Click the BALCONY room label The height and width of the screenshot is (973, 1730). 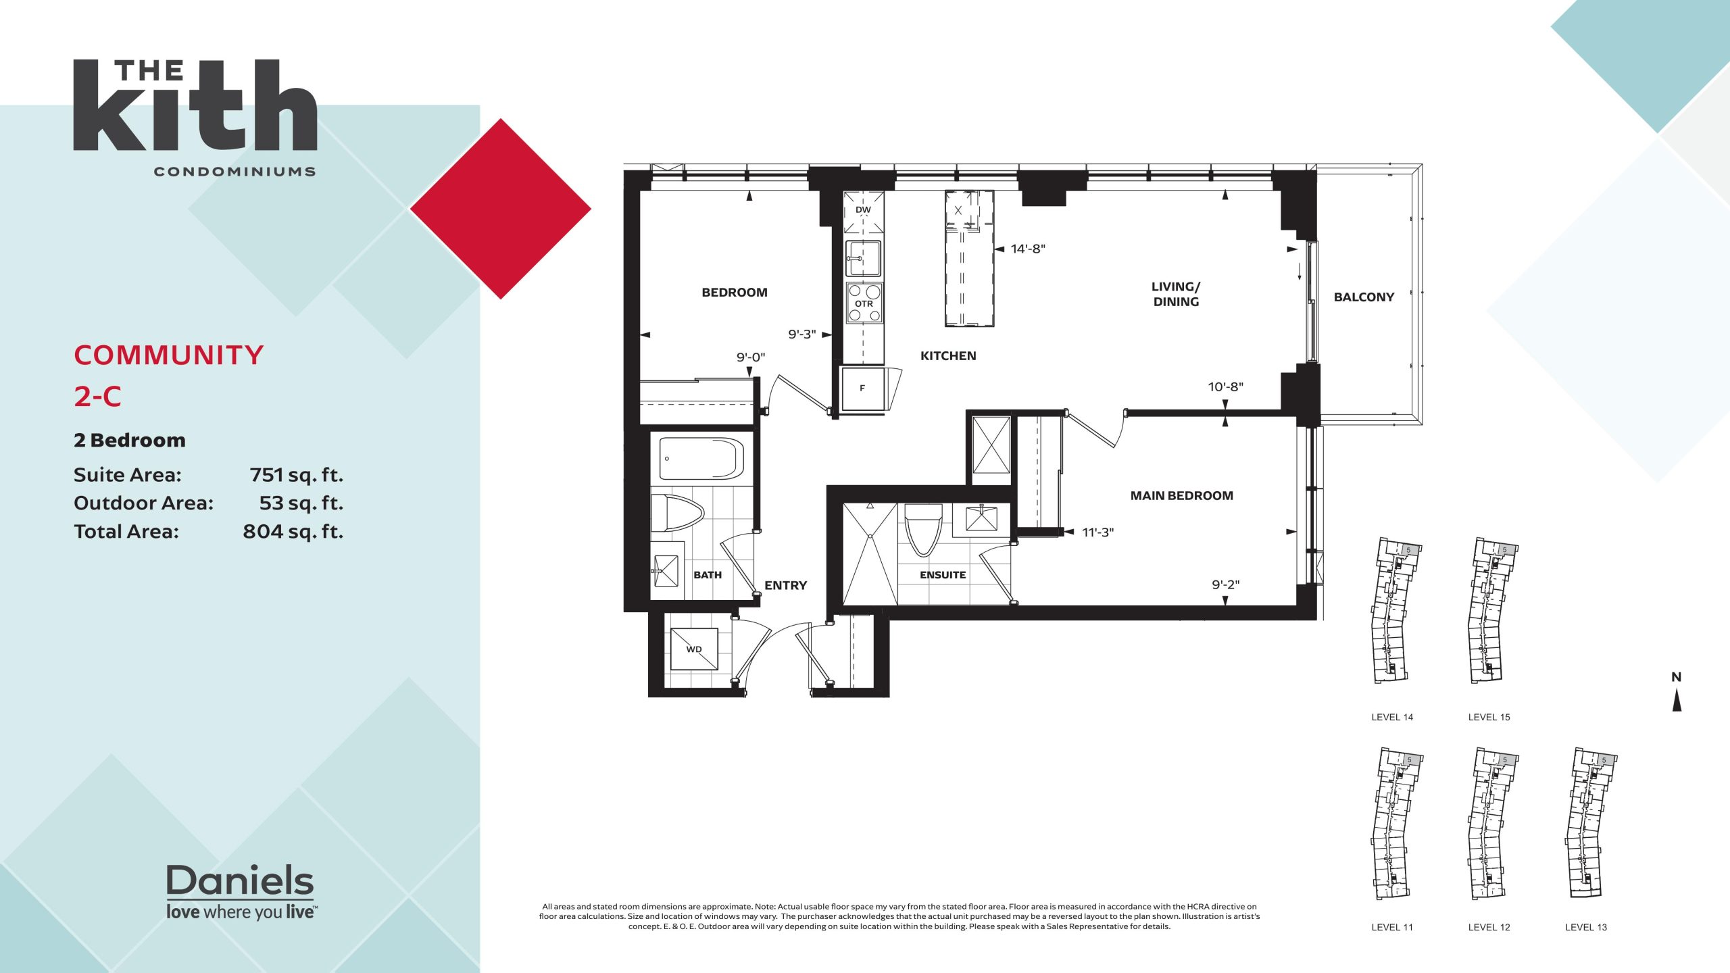click(x=1364, y=297)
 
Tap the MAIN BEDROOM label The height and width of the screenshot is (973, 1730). click(x=1181, y=496)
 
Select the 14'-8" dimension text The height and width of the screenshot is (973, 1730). click(x=1028, y=249)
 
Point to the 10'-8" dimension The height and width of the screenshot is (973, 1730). click(x=1226, y=386)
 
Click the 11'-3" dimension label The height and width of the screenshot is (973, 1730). click(x=1097, y=532)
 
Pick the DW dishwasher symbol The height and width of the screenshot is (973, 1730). click(x=864, y=212)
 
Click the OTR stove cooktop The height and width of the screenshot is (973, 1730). click(x=864, y=303)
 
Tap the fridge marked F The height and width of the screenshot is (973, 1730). click(x=863, y=389)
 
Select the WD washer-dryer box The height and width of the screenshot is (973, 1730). click(x=694, y=649)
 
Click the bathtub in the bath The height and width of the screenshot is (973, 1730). click(x=701, y=459)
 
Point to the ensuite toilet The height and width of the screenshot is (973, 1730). click(x=923, y=530)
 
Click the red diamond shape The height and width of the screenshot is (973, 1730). click(x=501, y=209)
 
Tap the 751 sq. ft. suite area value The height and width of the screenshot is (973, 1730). click(x=296, y=476)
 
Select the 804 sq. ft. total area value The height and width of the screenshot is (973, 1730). click(x=293, y=532)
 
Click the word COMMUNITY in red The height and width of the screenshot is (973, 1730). click(x=168, y=355)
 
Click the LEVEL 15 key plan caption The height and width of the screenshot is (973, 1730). click(x=1489, y=718)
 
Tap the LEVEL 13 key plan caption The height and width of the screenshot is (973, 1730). click(x=1586, y=928)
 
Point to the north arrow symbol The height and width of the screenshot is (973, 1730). click(x=1677, y=700)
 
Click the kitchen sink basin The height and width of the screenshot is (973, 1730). click(x=864, y=258)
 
